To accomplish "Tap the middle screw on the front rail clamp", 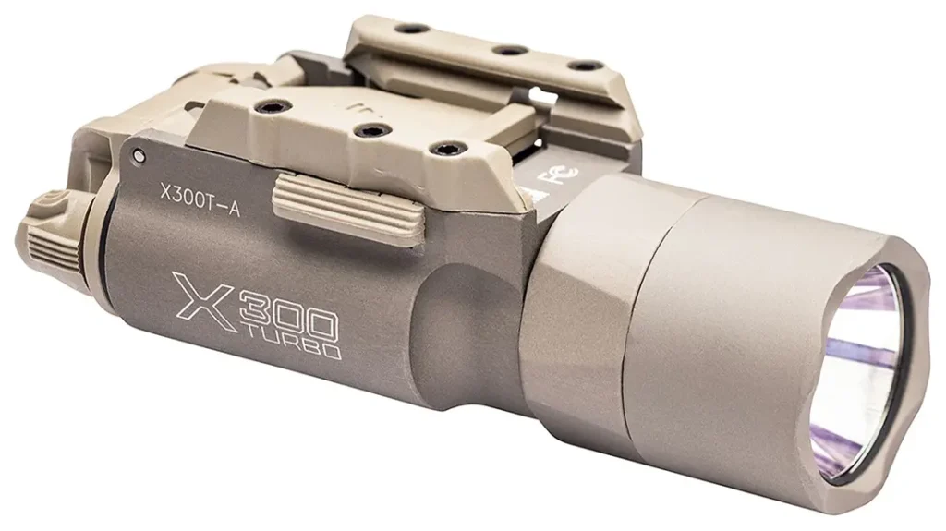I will click(x=367, y=128).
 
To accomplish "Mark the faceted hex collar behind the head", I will click(x=573, y=305).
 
